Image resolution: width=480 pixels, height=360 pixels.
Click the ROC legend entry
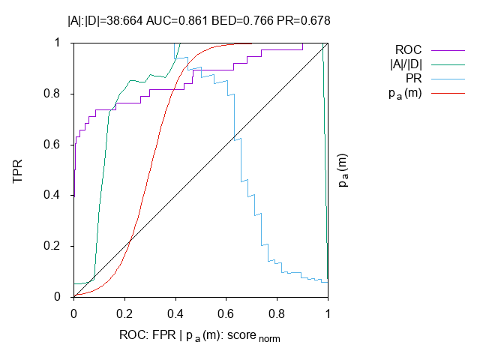(408, 50)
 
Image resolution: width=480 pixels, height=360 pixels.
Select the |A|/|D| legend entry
(406, 64)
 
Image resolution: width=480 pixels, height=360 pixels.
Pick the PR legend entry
(413, 78)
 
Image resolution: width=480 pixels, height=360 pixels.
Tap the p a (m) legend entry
(406, 92)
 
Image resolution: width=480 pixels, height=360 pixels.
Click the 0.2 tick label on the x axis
(124, 310)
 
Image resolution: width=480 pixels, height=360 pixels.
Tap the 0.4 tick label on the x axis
(175, 310)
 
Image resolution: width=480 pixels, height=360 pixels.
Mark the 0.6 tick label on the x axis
(226, 310)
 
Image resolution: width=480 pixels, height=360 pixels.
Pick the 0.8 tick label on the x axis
(277, 310)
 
